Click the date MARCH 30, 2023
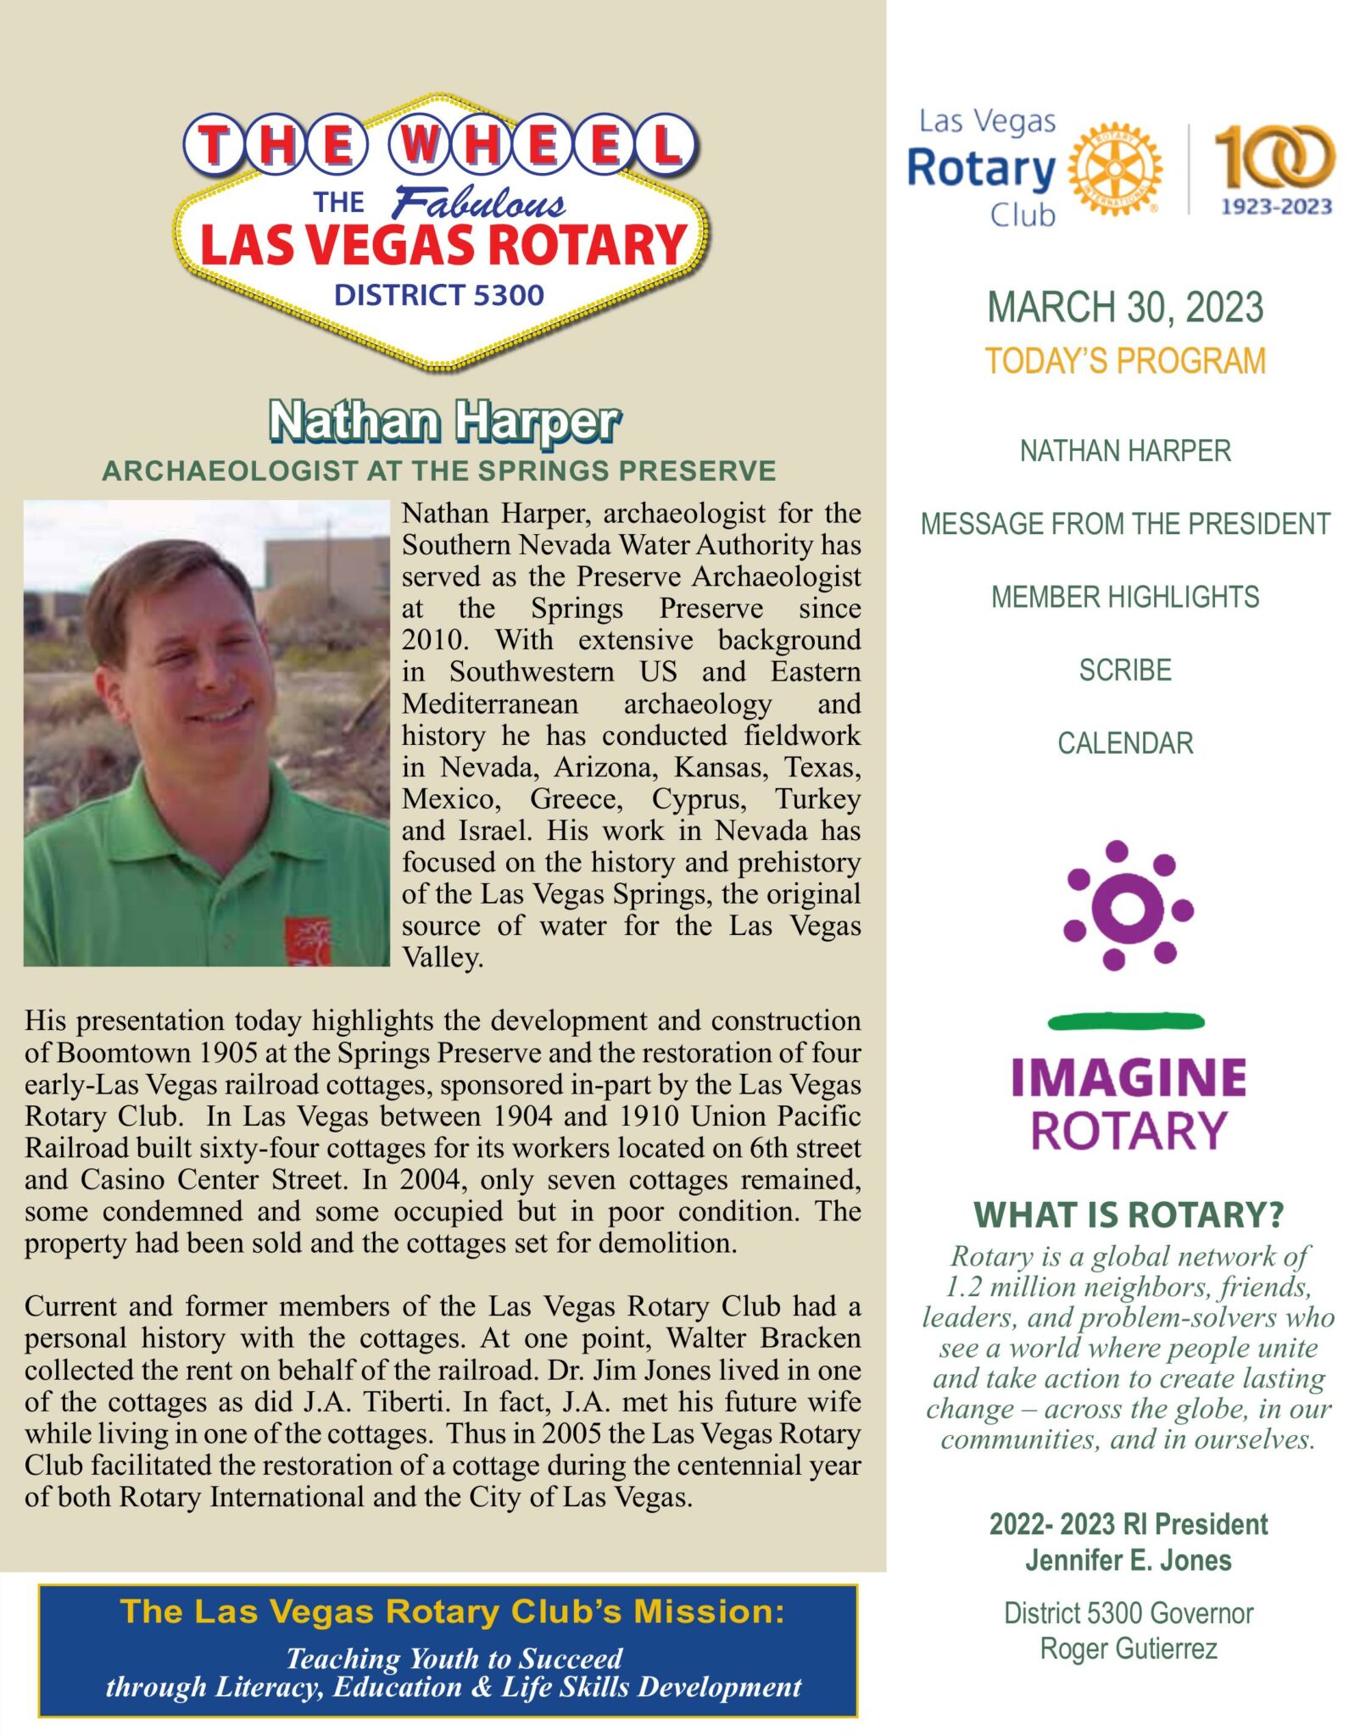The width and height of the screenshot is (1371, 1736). tap(1125, 307)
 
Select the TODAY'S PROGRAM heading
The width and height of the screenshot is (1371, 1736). tap(1125, 361)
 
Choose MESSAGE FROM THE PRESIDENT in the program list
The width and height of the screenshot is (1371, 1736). tap(1125, 524)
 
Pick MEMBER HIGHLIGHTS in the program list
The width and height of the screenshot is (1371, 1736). tap(1125, 597)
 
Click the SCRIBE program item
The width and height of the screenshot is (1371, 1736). tap(1125, 670)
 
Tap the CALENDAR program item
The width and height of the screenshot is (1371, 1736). tap(1125, 743)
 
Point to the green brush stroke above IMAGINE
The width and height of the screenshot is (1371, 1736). tap(1126, 1021)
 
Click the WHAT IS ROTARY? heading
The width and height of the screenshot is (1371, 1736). tap(1128, 1215)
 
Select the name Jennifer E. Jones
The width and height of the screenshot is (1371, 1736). tap(1128, 1560)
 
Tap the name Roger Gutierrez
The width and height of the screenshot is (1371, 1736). tap(1128, 1649)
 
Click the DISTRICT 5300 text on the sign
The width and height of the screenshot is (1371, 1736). tap(438, 295)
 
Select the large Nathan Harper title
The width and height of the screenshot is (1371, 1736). tap(443, 421)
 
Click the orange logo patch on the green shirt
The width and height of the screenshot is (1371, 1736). tap(307, 941)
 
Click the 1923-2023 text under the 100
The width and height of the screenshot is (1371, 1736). tap(1276, 206)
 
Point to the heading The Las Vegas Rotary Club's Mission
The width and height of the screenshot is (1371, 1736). tap(452, 1611)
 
